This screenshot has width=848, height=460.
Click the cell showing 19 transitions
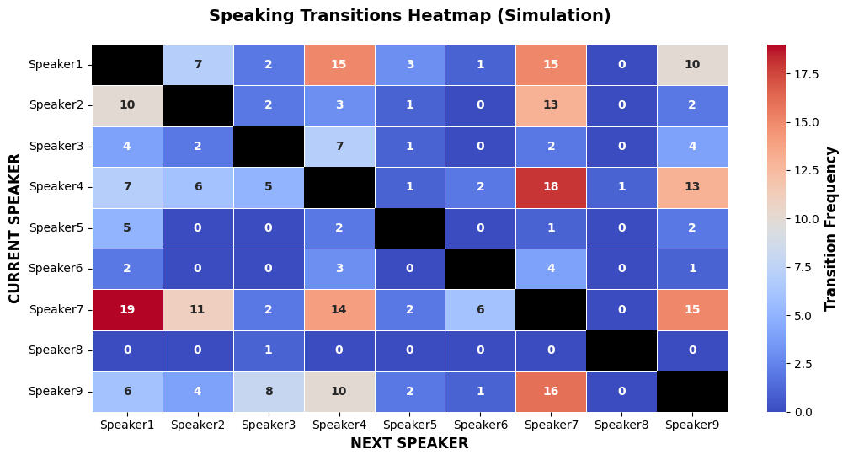point(127,309)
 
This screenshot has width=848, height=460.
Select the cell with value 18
point(551,187)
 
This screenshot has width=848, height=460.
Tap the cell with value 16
point(551,391)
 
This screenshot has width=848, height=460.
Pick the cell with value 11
point(198,309)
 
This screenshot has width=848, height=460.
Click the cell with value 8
point(269,391)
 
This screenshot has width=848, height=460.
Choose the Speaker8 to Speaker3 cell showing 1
point(269,350)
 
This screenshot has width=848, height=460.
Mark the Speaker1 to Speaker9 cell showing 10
point(692,65)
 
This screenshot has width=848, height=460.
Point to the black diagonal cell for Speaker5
point(410,228)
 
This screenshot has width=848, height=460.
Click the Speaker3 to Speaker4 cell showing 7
point(339,147)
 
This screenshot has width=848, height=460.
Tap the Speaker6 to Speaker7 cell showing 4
point(551,269)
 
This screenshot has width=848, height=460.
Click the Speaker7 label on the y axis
point(56,309)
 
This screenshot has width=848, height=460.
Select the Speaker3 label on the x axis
point(269,425)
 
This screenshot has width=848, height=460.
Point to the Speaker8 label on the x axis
point(621,425)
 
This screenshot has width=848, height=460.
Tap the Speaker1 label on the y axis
point(56,65)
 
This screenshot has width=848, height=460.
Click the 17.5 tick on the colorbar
point(807,74)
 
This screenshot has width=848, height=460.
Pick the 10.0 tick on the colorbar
point(807,219)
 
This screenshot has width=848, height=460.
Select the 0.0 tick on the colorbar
point(803,412)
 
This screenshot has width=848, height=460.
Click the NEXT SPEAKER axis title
point(409,443)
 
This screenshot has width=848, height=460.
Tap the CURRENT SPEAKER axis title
point(14,228)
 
